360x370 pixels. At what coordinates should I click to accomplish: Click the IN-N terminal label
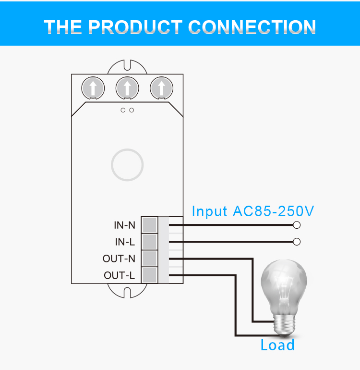[124, 225]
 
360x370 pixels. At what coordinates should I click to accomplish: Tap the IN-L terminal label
[125, 242]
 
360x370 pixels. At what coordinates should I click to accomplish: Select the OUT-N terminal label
[119, 259]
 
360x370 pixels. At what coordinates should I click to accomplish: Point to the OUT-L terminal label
[120, 275]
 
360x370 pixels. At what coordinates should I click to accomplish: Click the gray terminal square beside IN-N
[149, 225]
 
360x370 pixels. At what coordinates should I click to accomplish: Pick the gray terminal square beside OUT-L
[149, 275]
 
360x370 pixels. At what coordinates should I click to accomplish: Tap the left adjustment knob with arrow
[93, 88]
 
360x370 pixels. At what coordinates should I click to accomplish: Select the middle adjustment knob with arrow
[127, 88]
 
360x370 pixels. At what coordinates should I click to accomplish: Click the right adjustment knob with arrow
[161, 88]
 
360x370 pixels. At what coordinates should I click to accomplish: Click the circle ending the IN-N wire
[297, 225]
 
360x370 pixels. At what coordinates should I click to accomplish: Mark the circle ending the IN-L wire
[297, 242]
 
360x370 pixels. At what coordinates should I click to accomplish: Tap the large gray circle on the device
[127, 149]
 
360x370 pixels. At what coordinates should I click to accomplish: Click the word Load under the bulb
[277, 345]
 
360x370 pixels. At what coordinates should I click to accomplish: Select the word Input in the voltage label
[209, 211]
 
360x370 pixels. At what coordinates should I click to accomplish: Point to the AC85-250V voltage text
[274, 211]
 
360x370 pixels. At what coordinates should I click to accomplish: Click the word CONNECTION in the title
[252, 27]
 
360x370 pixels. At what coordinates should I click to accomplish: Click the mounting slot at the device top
[127, 65]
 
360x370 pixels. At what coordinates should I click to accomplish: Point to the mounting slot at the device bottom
[127, 293]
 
